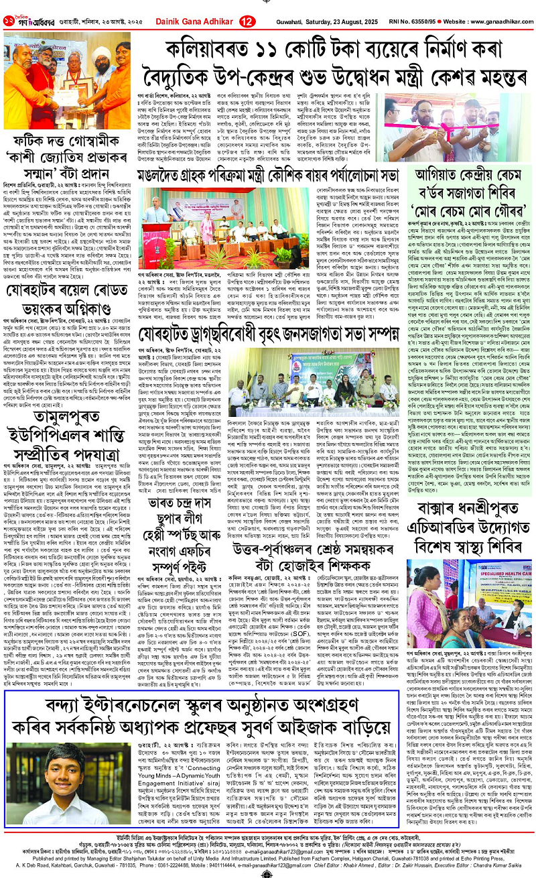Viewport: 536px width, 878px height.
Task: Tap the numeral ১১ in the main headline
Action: [x=253, y=45]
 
